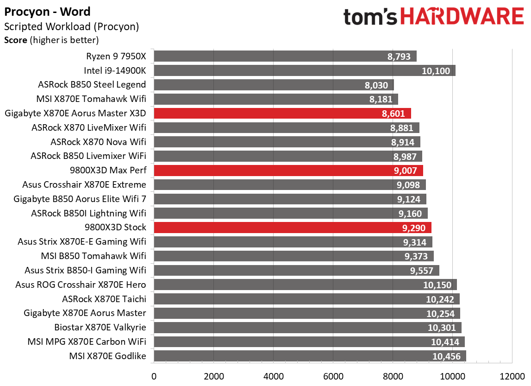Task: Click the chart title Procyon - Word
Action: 48,12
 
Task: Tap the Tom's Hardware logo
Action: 433,17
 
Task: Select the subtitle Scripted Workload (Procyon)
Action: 71,27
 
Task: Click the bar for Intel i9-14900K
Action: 304,70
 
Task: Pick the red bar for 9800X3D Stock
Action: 292,228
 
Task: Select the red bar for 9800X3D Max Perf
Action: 288,171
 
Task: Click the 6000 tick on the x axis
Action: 333,375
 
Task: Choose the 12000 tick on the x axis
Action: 512,375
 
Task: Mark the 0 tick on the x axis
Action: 154,375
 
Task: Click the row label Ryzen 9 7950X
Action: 116,57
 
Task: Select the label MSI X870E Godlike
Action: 107,356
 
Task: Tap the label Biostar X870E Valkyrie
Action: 100,328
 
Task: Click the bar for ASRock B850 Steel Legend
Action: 274,85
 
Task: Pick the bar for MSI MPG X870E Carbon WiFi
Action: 309,342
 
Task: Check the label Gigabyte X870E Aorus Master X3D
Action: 75,114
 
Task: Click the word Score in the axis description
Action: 16,40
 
